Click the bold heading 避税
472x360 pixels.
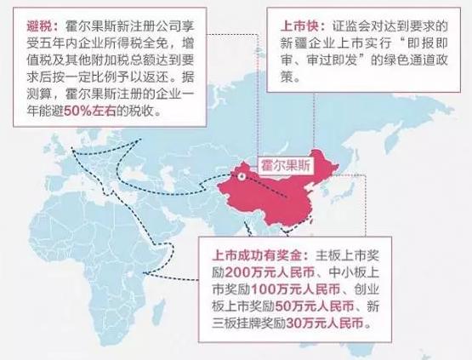coord(26,24)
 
